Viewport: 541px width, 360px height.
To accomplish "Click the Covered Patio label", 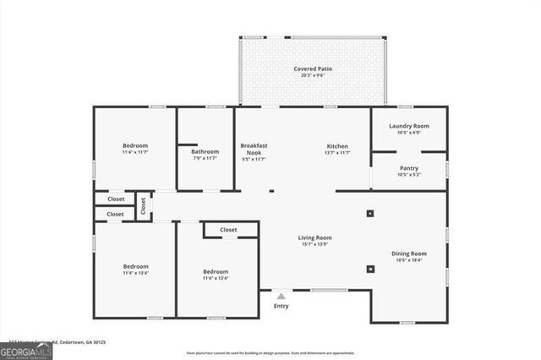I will (x=312, y=68).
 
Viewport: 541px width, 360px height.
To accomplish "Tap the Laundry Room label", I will (x=409, y=126).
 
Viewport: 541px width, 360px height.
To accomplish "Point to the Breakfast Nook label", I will (x=254, y=149).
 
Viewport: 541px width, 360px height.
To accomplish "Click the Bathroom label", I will (x=205, y=151).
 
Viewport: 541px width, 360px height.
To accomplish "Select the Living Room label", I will (x=314, y=238).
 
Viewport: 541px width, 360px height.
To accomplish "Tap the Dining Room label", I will (x=408, y=254).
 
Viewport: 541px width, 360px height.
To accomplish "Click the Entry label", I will (x=281, y=305).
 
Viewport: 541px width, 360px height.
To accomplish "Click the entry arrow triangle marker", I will (x=281, y=295).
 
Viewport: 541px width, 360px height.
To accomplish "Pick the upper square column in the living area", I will (x=370, y=214).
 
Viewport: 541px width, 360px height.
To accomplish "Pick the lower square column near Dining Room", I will (x=370, y=270).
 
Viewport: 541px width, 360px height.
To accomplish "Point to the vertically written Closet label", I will (x=143, y=205).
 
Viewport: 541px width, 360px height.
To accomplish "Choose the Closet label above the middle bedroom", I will (x=228, y=230).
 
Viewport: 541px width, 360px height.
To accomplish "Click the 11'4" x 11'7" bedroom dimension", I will (x=135, y=153).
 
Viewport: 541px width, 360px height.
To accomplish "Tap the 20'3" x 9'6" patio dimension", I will (x=312, y=75).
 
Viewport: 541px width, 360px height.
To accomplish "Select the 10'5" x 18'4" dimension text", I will (x=408, y=261).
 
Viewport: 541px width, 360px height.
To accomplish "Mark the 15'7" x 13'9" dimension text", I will (x=314, y=245).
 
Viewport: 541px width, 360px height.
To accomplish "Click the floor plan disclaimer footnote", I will (x=282, y=352).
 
